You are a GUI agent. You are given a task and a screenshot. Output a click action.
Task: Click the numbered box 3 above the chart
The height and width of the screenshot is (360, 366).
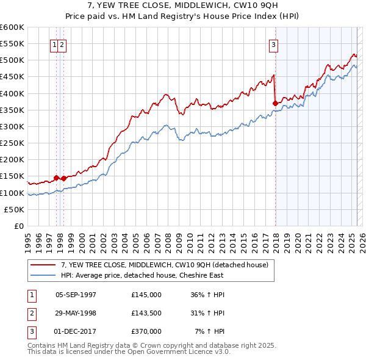(274, 44)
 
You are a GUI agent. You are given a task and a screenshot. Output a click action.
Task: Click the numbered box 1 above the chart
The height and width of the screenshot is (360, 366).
(54, 44)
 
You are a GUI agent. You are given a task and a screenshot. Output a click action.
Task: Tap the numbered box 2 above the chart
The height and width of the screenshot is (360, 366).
(63, 44)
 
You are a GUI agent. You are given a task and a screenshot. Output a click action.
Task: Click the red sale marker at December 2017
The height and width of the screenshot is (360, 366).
(275, 103)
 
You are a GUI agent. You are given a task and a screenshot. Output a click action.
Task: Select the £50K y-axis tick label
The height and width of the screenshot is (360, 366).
(15, 209)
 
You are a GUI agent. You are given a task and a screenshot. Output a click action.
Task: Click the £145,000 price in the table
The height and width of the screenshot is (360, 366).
(146, 294)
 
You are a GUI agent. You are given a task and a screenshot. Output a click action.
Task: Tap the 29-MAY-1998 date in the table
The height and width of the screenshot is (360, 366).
(76, 313)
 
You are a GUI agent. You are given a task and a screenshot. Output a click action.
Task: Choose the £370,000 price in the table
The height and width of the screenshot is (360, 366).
(146, 331)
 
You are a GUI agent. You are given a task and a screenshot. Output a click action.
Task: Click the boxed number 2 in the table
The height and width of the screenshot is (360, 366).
(30, 313)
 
